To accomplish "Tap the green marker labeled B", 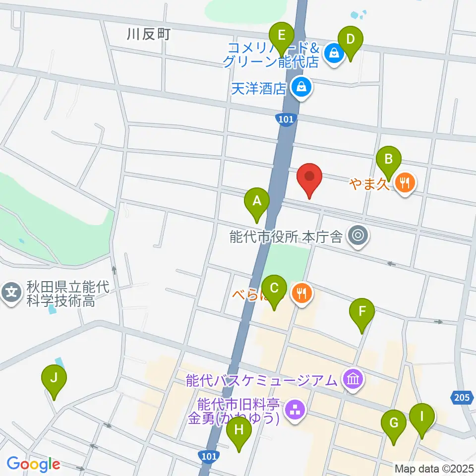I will (x=389, y=160).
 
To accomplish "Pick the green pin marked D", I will (x=350, y=39).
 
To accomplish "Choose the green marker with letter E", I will (x=281, y=37).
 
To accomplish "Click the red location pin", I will (x=310, y=177).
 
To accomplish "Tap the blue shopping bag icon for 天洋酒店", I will (x=300, y=88).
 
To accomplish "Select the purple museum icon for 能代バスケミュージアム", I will (x=354, y=380).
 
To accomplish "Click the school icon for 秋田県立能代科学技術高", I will (x=12, y=292).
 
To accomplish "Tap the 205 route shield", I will (x=461, y=397).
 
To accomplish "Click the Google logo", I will (x=33, y=464).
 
